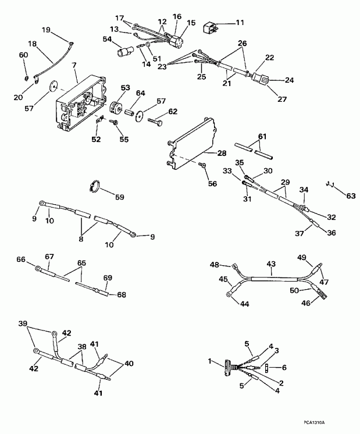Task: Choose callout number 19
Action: (x=45, y=29)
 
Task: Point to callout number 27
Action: (x=281, y=99)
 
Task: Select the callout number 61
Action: (x=263, y=136)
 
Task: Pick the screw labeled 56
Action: (x=202, y=165)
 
